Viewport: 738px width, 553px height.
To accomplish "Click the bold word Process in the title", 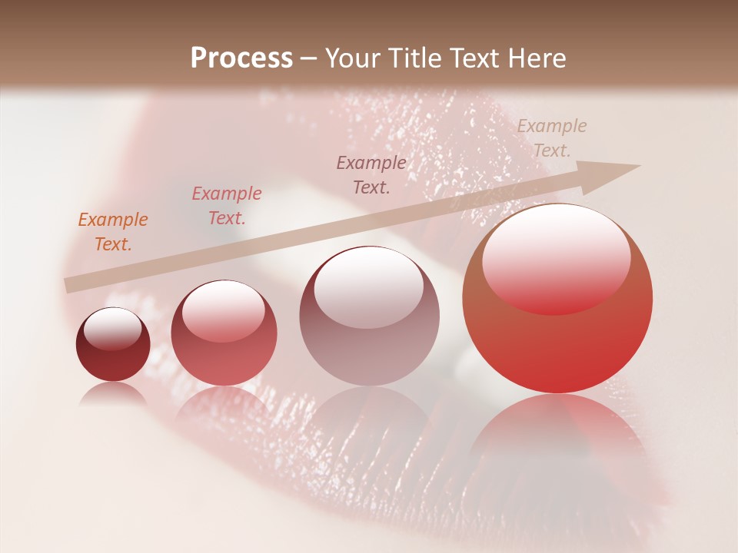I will (x=241, y=58).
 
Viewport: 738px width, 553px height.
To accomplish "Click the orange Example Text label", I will (x=113, y=232).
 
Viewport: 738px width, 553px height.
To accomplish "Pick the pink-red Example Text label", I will (x=227, y=206).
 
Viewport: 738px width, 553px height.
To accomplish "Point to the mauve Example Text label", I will (x=371, y=174).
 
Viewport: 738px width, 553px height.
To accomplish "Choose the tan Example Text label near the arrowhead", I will (x=551, y=138).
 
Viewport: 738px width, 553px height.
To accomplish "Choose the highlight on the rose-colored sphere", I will (x=223, y=310).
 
